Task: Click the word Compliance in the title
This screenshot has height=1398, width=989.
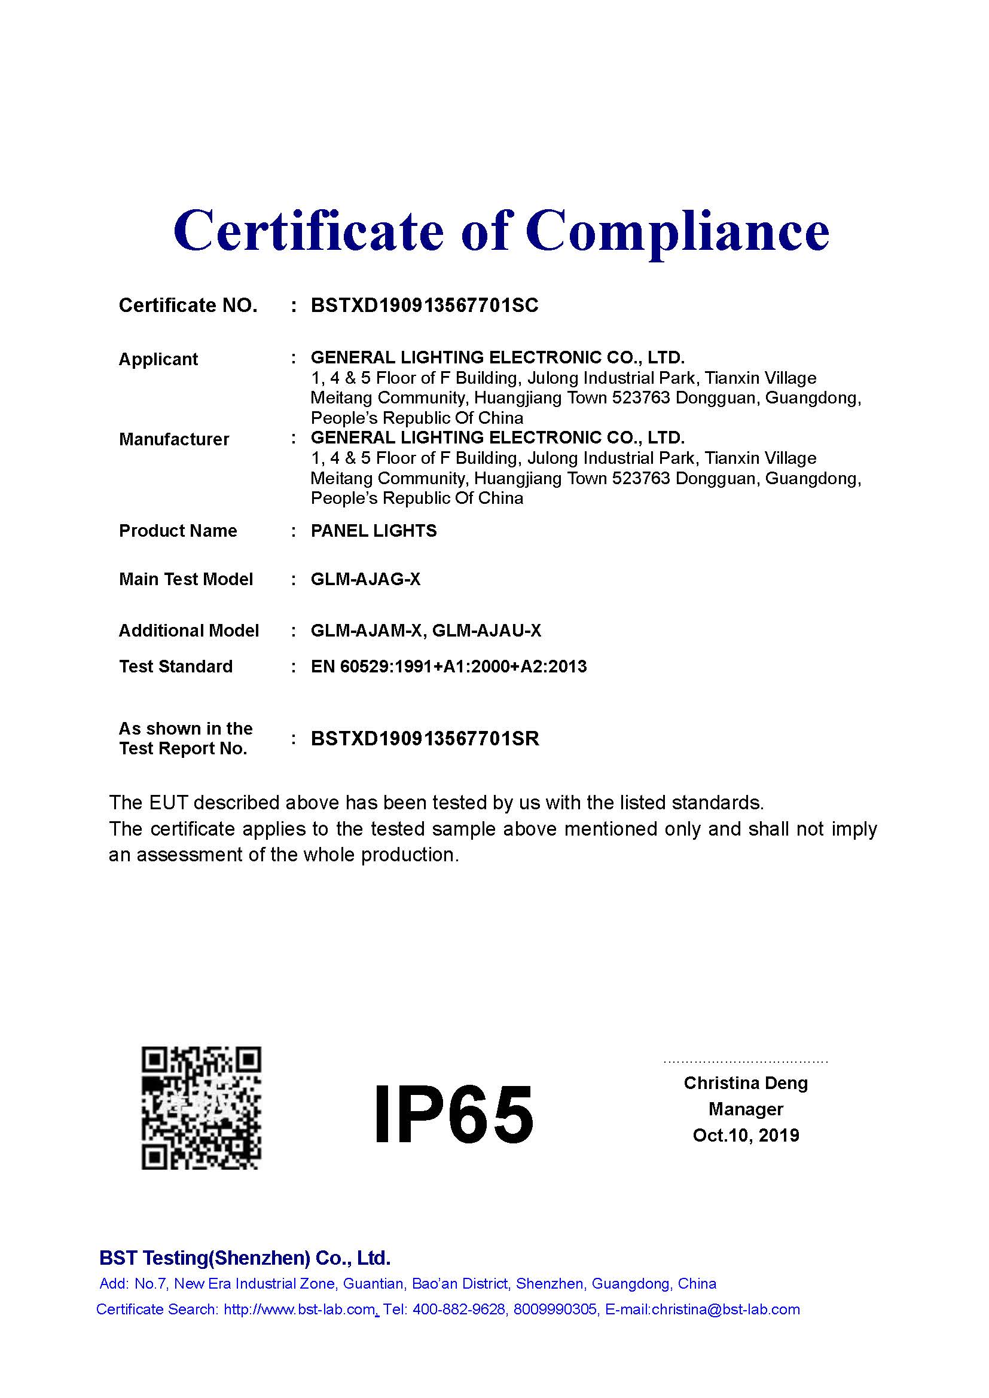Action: point(677,231)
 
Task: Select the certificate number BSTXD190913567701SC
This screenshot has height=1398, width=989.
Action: point(425,305)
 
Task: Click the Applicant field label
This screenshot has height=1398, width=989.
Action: point(158,359)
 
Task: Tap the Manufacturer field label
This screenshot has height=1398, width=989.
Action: point(174,439)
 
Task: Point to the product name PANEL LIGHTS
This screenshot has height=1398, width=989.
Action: point(374,531)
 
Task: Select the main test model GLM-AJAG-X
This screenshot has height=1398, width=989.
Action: point(365,579)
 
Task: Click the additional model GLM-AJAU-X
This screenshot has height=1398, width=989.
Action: point(487,630)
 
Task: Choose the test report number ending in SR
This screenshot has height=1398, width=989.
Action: point(425,739)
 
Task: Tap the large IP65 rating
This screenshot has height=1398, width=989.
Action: point(454,1113)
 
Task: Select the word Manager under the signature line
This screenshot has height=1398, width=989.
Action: point(746,1109)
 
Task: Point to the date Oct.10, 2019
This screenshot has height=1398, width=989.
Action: point(746,1135)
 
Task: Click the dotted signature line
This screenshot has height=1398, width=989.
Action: point(746,1061)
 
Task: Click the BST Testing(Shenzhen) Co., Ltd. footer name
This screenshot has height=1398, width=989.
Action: point(245,1258)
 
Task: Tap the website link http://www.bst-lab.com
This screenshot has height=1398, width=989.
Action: point(299,1309)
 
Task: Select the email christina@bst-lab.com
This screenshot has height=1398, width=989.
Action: point(725,1309)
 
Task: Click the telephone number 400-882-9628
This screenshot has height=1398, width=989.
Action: point(460,1309)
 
